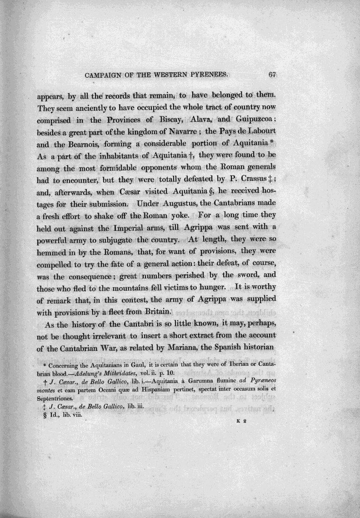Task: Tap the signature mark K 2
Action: (x=242, y=421)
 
